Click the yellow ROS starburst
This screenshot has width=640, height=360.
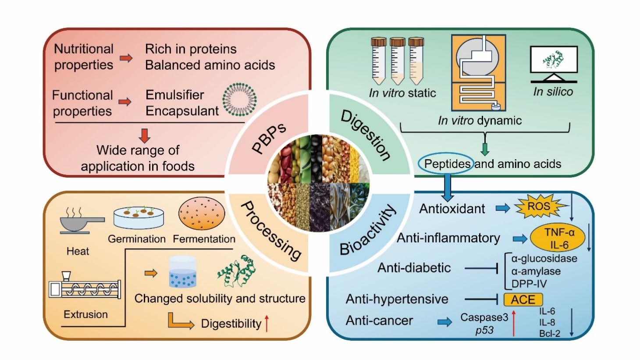pyautogui.click(x=538, y=207)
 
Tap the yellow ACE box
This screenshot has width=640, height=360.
pyautogui.click(x=523, y=299)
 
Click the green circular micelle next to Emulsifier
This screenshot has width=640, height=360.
pyautogui.click(x=239, y=100)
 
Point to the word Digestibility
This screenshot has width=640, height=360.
pyautogui.click(x=231, y=324)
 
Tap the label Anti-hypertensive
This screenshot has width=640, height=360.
pyautogui.click(x=397, y=299)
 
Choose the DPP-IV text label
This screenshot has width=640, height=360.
pyautogui.click(x=529, y=284)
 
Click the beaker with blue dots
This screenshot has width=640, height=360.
pyautogui.click(x=183, y=272)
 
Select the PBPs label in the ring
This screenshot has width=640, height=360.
pyautogui.click(x=269, y=138)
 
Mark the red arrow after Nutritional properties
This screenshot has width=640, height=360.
pyautogui.click(x=126, y=58)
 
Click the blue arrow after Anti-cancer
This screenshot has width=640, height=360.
pyautogui.click(x=444, y=322)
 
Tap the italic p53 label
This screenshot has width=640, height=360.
pyautogui.click(x=484, y=330)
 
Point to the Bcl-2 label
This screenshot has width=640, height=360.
pyautogui.click(x=550, y=333)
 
